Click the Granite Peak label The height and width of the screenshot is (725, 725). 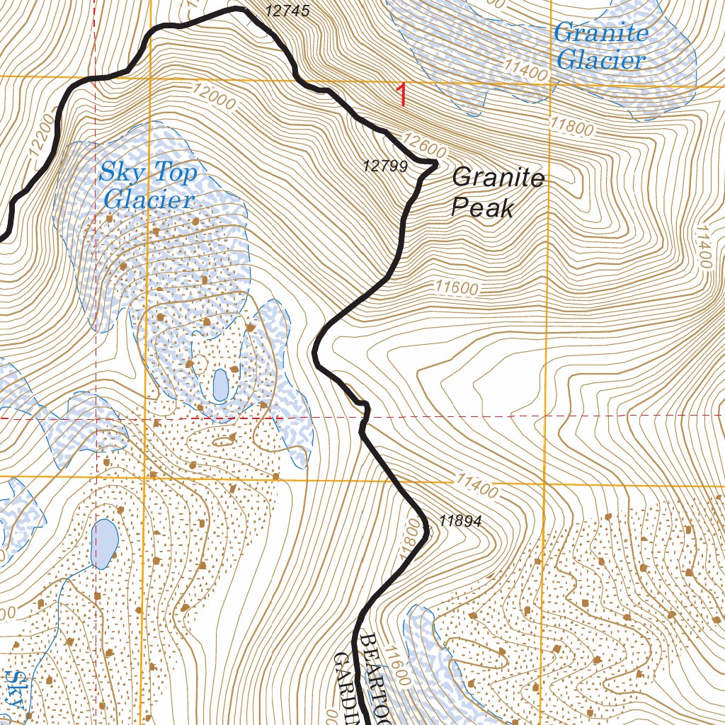point(498,192)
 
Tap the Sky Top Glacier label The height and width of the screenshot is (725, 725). point(148,185)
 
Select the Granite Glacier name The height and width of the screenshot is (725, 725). point(601,46)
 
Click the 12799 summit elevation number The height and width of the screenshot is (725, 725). point(385,166)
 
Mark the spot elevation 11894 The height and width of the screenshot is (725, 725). point(460,521)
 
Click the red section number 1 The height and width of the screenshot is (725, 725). point(402,95)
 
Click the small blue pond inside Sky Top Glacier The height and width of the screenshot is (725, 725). point(220,384)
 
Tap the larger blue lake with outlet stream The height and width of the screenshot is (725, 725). point(105,543)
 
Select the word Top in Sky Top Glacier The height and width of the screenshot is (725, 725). point(172,172)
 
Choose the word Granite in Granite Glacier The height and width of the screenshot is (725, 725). point(601,33)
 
